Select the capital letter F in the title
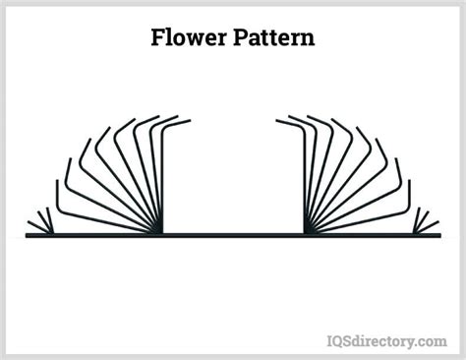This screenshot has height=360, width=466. [x=157, y=38]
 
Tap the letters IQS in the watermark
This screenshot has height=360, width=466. [x=340, y=340]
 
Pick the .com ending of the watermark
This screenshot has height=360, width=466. [x=431, y=341]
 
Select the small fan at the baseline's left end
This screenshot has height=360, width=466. [x=41, y=224]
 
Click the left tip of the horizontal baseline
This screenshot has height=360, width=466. [x=28, y=236]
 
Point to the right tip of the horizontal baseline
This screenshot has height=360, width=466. [x=437, y=236]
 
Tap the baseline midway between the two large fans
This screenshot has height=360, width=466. [x=233, y=236]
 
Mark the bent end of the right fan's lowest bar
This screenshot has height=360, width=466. [x=409, y=183]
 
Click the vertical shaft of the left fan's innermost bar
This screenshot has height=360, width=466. [x=161, y=177]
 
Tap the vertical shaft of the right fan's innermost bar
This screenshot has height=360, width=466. [x=305, y=177]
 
